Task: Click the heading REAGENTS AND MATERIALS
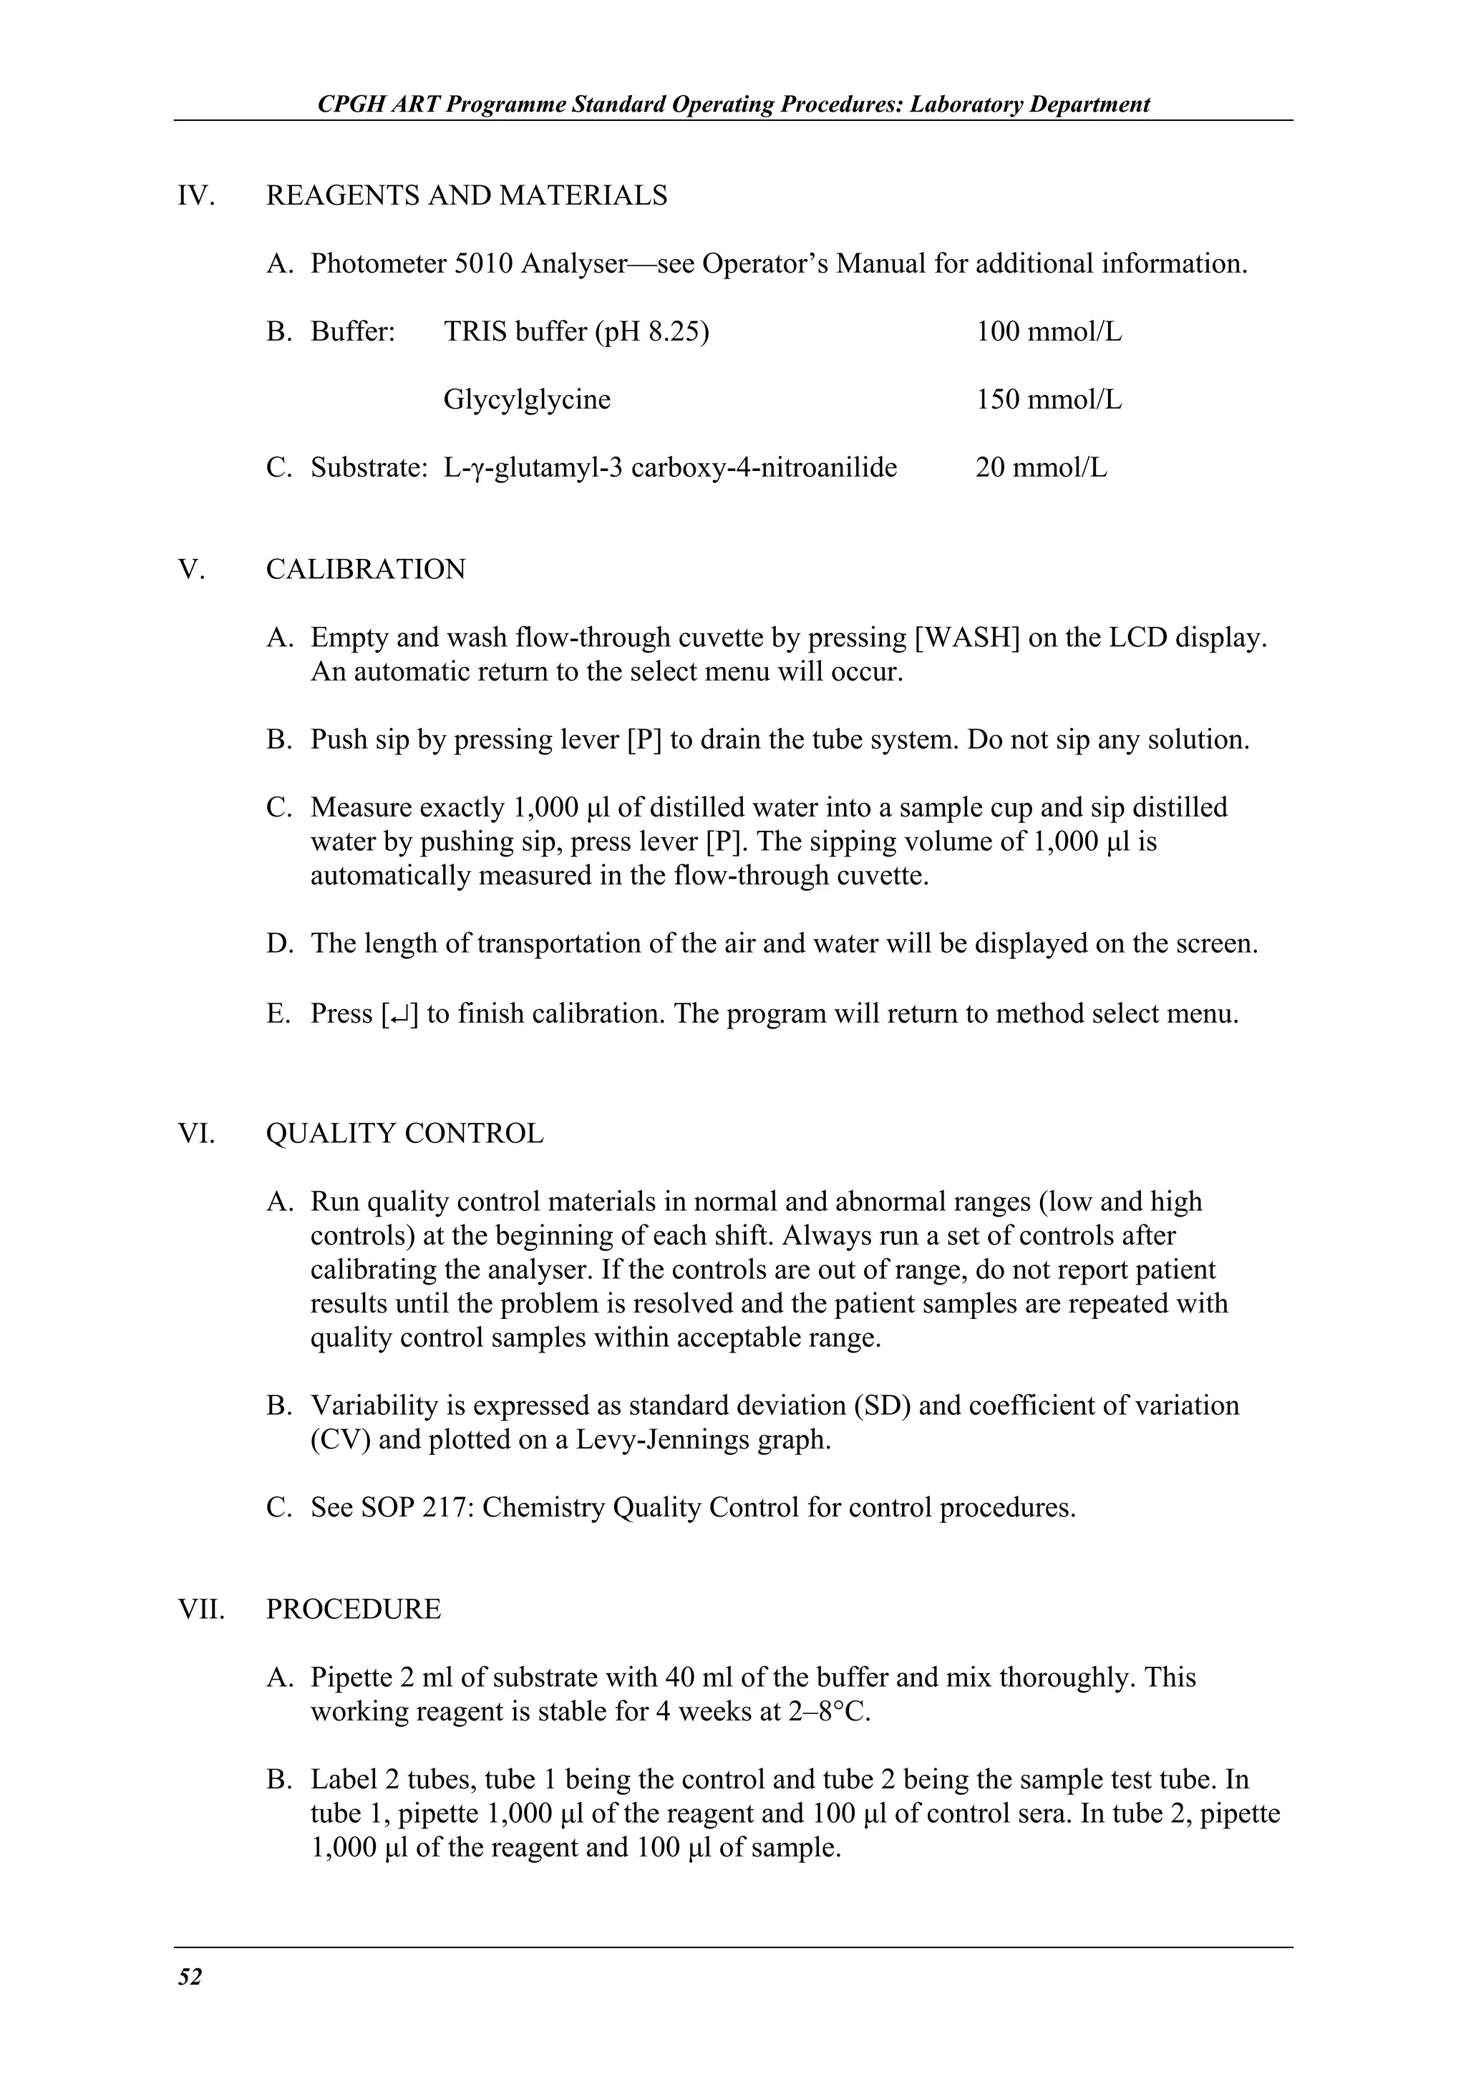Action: [466, 195]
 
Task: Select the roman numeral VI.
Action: [196, 1134]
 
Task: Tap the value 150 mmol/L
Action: [1048, 399]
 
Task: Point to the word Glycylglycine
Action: [527, 399]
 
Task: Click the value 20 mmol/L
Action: [1041, 468]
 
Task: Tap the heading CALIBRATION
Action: [366, 569]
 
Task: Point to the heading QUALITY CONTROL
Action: [404, 1134]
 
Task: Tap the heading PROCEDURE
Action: [353, 1610]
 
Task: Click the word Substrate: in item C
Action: [369, 468]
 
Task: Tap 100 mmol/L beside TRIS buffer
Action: [1048, 331]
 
